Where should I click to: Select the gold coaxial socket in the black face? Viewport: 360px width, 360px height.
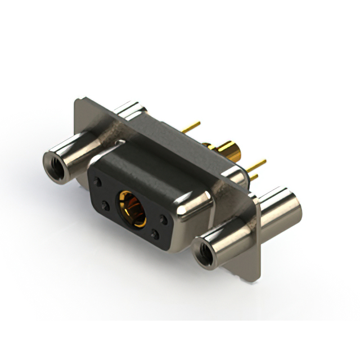pyautogui.click(x=131, y=207)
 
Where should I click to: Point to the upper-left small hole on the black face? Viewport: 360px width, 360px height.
pyautogui.click(x=99, y=183)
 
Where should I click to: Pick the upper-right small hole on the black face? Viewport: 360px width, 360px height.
pyautogui.click(x=163, y=218)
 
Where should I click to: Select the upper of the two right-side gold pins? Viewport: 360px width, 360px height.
pyautogui.click(x=258, y=165)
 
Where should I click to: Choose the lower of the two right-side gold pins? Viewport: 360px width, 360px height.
pyautogui.click(x=254, y=177)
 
